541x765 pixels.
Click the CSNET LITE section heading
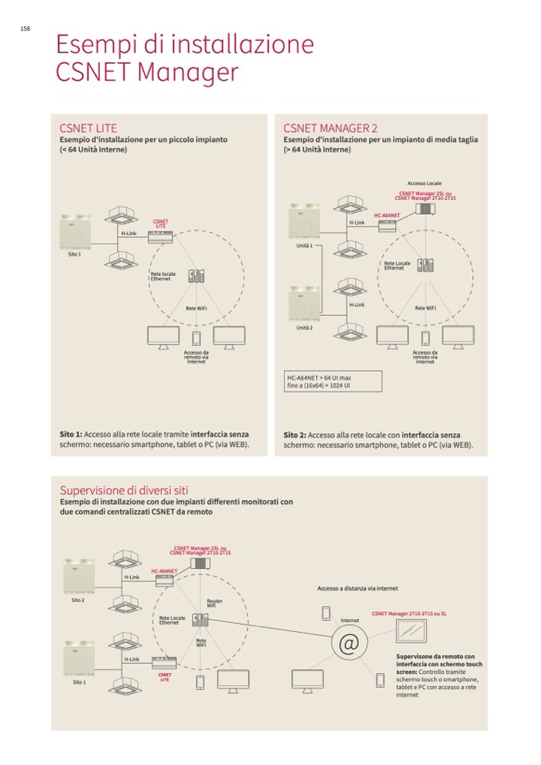pyautogui.click(x=89, y=128)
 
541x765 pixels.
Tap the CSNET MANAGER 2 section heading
pyautogui.click(x=330, y=128)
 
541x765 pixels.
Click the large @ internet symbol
pyautogui.click(x=348, y=644)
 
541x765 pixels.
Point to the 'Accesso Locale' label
pyautogui.click(x=423, y=183)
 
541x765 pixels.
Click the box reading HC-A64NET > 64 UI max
pyautogui.click(x=332, y=381)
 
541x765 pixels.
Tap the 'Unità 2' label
pyautogui.click(x=304, y=328)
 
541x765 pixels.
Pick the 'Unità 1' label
pyautogui.click(x=304, y=246)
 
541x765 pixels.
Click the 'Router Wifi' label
pyautogui.click(x=213, y=603)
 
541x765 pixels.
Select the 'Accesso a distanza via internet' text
pyautogui.click(x=357, y=589)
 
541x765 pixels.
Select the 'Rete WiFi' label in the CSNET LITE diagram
pyautogui.click(x=196, y=308)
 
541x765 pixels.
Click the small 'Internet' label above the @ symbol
pyautogui.click(x=350, y=620)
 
